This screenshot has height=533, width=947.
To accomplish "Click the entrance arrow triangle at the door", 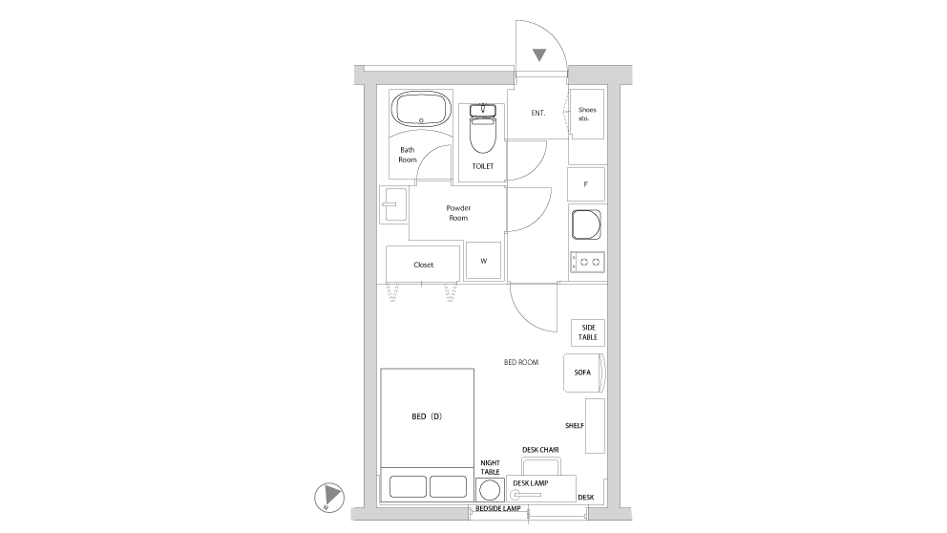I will [x=539, y=55].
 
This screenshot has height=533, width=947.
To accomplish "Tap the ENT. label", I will [x=538, y=113].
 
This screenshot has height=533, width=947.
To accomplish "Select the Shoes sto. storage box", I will [x=586, y=115].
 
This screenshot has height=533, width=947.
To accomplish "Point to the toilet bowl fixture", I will [x=482, y=132].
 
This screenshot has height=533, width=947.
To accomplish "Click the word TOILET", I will [x=482, y=166].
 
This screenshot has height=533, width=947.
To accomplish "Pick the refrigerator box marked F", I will [x=585, y=183].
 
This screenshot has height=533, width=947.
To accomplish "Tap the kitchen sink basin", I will [x=585, y=225].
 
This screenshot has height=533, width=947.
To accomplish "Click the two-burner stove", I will [x=586, y=261].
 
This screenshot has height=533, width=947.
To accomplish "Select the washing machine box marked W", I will [x=483, y=261].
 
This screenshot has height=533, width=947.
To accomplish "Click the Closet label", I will [x=423, y=265].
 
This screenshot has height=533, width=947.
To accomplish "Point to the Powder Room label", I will [x=459, y=212].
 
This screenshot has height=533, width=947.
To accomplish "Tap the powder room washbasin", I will [x=392, y=204].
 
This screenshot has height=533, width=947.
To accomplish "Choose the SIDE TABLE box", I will [x=586, y=332].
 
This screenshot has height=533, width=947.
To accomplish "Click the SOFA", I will [x=583, y=373].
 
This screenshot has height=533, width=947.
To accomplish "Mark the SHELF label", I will [x=575, y=426].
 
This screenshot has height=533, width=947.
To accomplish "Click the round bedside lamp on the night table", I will [x=490, y=490].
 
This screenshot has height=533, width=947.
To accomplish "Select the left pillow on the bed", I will [x=408, y=487].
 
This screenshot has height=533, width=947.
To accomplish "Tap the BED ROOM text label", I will [x=521, y=363].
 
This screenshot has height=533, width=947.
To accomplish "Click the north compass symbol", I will [x=328, y=497].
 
